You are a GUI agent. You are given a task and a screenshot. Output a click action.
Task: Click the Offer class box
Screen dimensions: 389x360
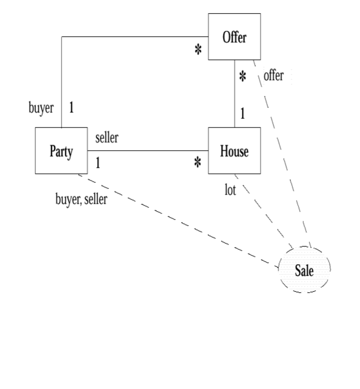(234, 37)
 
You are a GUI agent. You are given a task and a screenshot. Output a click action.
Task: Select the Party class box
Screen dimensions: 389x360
(61, 151)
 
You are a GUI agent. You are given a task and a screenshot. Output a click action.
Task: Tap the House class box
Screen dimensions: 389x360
(234, 151)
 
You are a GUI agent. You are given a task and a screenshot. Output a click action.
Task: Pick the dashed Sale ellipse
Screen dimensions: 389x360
(304, 270)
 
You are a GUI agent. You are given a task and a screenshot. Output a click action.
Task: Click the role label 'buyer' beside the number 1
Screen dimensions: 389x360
(41, 108)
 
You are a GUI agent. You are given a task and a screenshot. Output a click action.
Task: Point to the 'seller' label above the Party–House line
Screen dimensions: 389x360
(107, 138)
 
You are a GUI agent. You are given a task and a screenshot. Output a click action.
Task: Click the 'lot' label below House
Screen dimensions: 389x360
(230, 191)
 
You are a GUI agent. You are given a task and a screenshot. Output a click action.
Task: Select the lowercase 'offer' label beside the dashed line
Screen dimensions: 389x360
(273, 75)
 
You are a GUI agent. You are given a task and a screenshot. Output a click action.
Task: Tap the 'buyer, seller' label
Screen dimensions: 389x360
(81, 199)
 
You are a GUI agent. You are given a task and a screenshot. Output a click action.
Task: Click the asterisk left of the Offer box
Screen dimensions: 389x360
(198, 50)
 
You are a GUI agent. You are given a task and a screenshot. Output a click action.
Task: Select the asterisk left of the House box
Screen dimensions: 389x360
(198, 163)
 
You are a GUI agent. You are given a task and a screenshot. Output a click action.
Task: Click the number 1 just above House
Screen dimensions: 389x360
(242, 114)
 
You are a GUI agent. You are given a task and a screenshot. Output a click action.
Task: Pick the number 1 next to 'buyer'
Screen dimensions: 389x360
(71, 107)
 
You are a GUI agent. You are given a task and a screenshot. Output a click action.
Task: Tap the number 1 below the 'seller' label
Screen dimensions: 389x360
(98, 163)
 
